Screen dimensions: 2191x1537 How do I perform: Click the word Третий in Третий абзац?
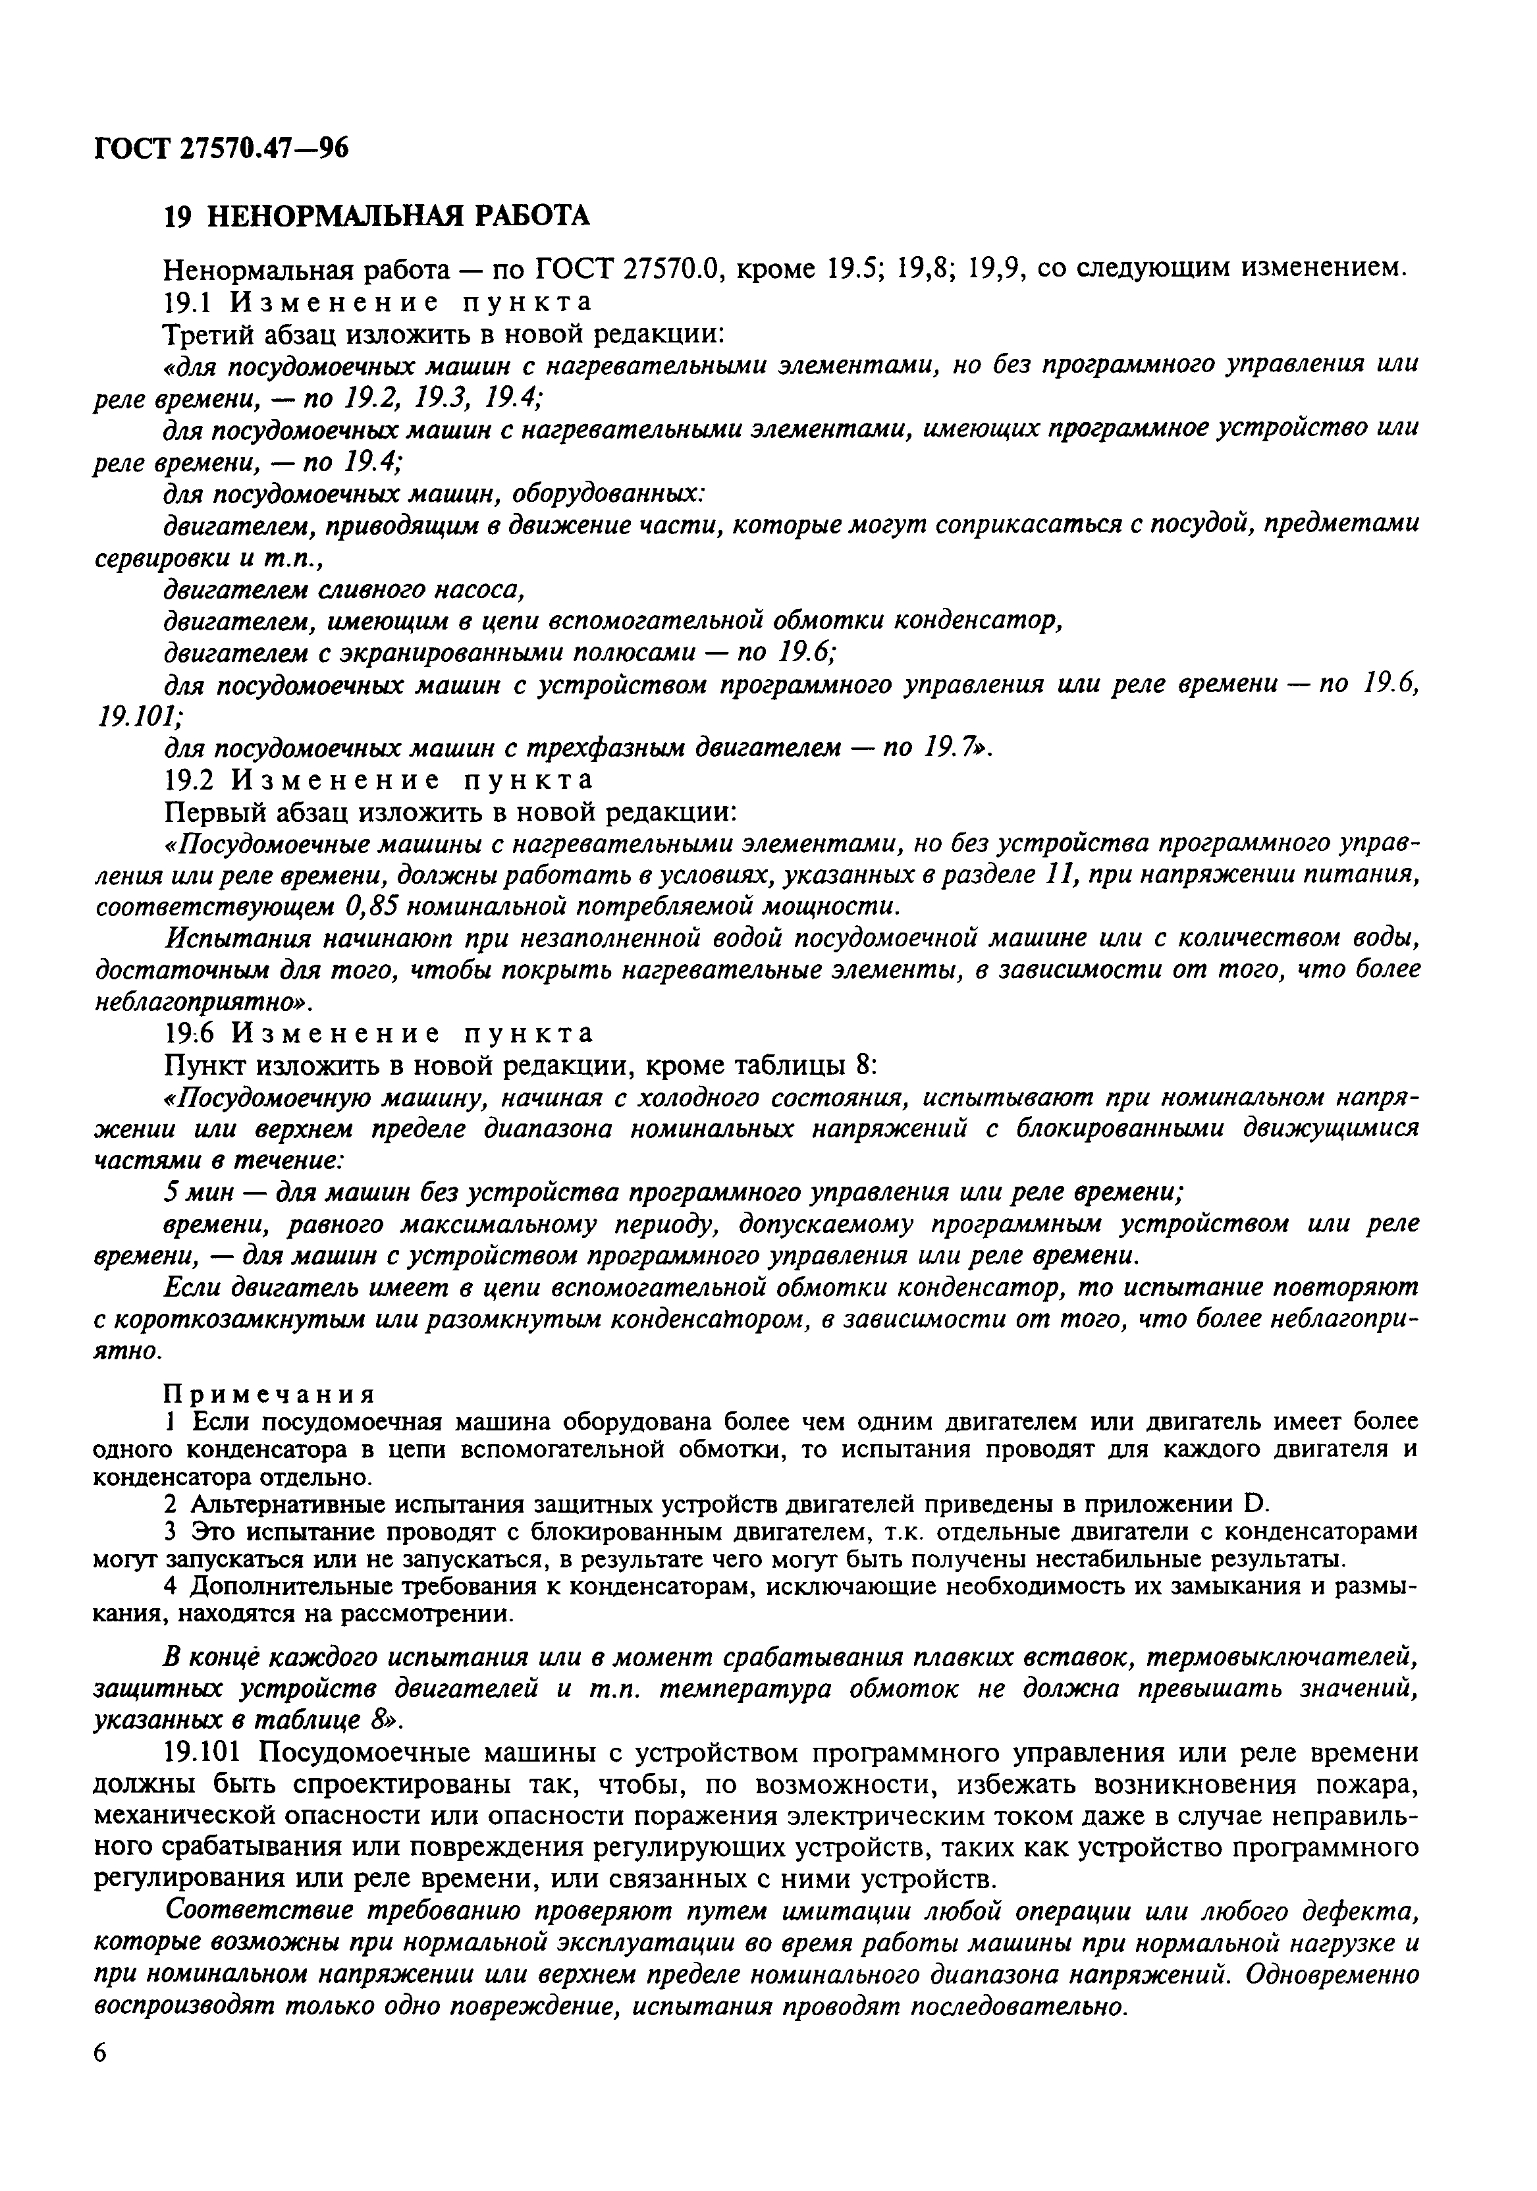[x=209, y=334]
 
